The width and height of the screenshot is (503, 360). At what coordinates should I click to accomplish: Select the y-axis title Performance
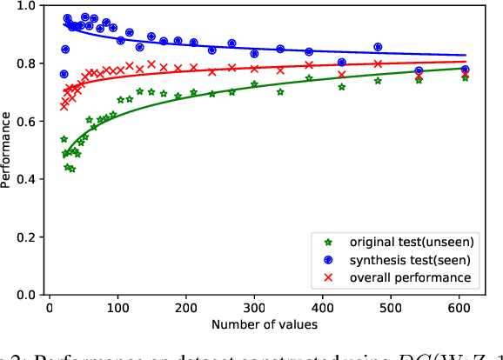pos(8,150)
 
